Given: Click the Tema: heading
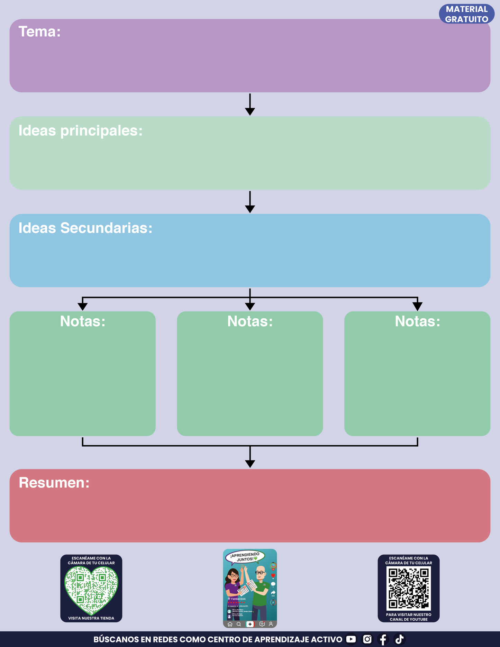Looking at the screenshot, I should (39, 32).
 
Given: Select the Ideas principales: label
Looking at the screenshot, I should (80, 131).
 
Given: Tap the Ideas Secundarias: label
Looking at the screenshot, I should (85, 228).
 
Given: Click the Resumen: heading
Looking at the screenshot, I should (54, 483).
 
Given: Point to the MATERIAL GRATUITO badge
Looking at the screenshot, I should (466, 14).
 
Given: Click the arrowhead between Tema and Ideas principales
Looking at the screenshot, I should (250, 111).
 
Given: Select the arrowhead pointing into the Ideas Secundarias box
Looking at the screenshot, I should (250, 209).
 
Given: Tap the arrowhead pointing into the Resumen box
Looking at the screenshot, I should (250, 464).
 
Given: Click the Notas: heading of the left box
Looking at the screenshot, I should (83, 321).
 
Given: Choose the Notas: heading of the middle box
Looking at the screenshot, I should (250, 321).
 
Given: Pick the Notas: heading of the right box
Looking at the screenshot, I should (417, 321).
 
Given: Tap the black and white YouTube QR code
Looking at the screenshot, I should (409, 589).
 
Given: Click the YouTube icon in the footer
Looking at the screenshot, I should (351, 639).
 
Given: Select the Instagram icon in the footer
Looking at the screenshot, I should (367, 639).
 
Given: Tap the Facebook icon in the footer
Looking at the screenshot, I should (383, 639).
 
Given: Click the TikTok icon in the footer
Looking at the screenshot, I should (399, 639).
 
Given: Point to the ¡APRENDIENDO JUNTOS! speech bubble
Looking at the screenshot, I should (245, 557).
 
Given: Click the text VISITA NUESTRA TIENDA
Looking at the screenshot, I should (91, 618).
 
